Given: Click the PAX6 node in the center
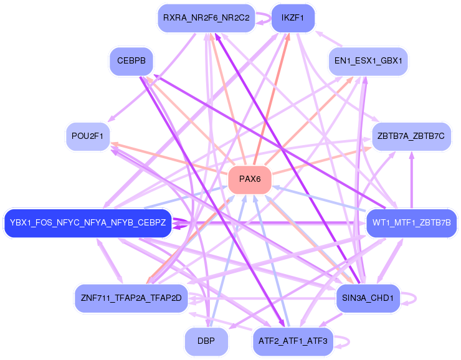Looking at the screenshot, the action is coord(250,179).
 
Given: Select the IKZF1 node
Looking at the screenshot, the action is coord(293,18).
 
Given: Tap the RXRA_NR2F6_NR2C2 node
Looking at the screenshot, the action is coord(206,18).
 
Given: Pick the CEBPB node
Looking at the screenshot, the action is coord(131,61).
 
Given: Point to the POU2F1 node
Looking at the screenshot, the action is coord(88,136).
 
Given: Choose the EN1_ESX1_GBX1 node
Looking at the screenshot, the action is coord(368,61).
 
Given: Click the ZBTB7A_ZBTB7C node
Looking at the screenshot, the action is coord(411,136).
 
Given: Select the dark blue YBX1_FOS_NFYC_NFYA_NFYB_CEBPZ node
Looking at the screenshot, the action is coord(88,223).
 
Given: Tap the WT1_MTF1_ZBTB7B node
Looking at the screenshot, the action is coord(412,223).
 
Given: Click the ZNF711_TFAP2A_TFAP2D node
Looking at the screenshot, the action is coord(131,298).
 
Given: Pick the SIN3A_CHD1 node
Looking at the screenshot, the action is coord(368,298).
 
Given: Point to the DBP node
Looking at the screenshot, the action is coord(206,341).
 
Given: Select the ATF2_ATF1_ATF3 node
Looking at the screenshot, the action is coord(293,341).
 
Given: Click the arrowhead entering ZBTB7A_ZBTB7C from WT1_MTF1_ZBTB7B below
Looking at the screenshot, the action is coord(412,154).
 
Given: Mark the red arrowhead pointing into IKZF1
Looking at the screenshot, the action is coord(288,37).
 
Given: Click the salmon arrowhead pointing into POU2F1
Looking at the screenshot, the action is coord(114,144).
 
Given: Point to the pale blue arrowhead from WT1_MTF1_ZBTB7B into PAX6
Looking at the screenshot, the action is coord(275,187).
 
